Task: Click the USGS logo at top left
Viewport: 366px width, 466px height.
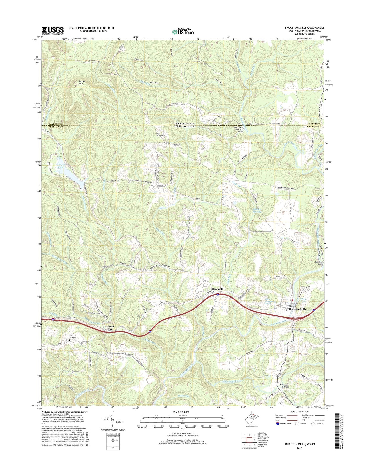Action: click(53, 30)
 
